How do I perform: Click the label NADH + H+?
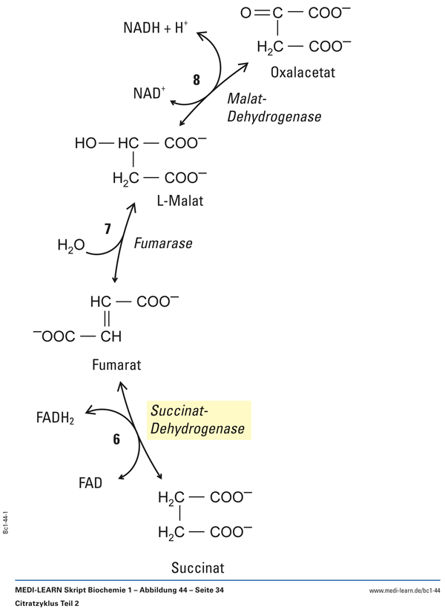pos(156,30)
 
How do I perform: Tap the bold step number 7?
pos(108,229)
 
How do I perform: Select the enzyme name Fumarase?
pos(163,243)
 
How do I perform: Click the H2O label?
pos(70,245)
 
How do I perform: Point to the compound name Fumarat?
pos(116,365)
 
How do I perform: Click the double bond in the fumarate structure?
pos(106,319)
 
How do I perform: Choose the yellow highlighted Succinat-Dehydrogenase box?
pos(199,420)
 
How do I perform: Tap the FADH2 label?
pos(56,418)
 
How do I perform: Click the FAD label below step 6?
pos(90,483)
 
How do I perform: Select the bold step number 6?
pos(116,439)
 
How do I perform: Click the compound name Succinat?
pos(197,568)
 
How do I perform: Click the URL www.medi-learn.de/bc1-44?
pos(404,590)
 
